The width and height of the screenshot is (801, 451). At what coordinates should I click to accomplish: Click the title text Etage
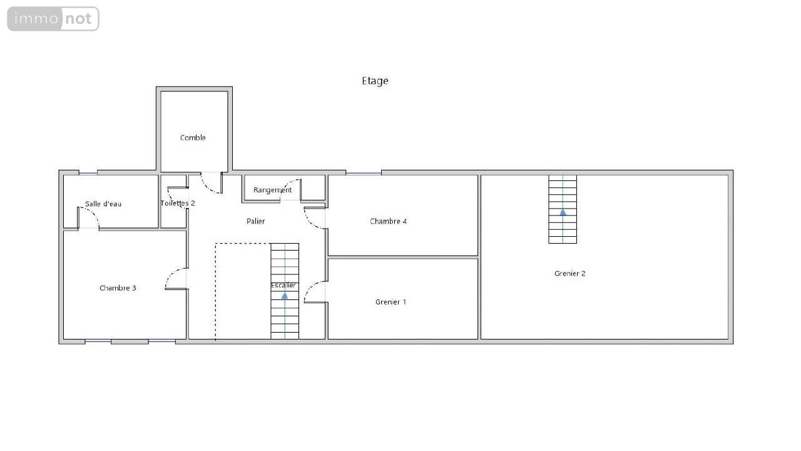(375, 81)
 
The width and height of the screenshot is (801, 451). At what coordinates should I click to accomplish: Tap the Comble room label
(193, 138)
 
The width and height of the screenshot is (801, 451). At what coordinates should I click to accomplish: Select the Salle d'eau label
(103, 204)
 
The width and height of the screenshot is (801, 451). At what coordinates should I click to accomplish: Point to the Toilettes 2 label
(178, 204)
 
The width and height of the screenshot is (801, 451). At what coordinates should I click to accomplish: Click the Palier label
(256, 221)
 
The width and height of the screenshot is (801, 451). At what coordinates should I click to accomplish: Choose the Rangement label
(272, 190)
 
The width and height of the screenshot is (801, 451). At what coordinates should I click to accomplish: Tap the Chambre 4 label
(389, 221)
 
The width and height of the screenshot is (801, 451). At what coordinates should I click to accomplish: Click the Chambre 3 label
(118, 288)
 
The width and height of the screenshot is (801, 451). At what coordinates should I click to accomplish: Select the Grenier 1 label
(391, 302)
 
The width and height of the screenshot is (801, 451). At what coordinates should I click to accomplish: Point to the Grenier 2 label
(570, 274)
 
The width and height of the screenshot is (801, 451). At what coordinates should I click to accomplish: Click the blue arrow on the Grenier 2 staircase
(563, 212)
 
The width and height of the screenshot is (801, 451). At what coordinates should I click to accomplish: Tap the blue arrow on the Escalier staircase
(285, 296)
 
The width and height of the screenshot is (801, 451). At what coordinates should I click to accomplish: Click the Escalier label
(283, 285)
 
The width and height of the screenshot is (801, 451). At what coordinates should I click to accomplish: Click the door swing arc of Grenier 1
(309, 288)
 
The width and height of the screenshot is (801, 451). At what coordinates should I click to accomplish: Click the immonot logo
(53, 19)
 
